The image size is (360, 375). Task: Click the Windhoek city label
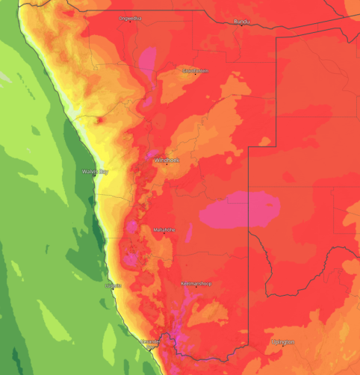click(167, 160)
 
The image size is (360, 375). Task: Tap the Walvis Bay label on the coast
click(95, 172)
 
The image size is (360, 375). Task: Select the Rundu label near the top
click(241, 21)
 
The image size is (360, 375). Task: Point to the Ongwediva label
click(130, 18)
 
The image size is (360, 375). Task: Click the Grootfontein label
click(196, 70)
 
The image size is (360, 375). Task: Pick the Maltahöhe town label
click(164, 229)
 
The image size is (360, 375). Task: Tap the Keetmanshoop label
click(197, 284)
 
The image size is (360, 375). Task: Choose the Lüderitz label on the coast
click(113, 285)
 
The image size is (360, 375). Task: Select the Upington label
click(282, 341)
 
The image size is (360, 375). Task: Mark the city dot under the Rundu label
click(242, 25)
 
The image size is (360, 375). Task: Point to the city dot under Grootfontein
click(196, 74)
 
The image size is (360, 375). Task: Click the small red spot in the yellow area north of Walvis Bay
click(99, 119)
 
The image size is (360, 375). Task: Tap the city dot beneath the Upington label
click(283, 345)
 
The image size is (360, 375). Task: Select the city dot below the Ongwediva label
click(130, 22)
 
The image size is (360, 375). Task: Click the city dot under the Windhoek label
click(166, 164)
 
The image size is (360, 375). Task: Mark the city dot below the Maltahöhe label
click(165, 234)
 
